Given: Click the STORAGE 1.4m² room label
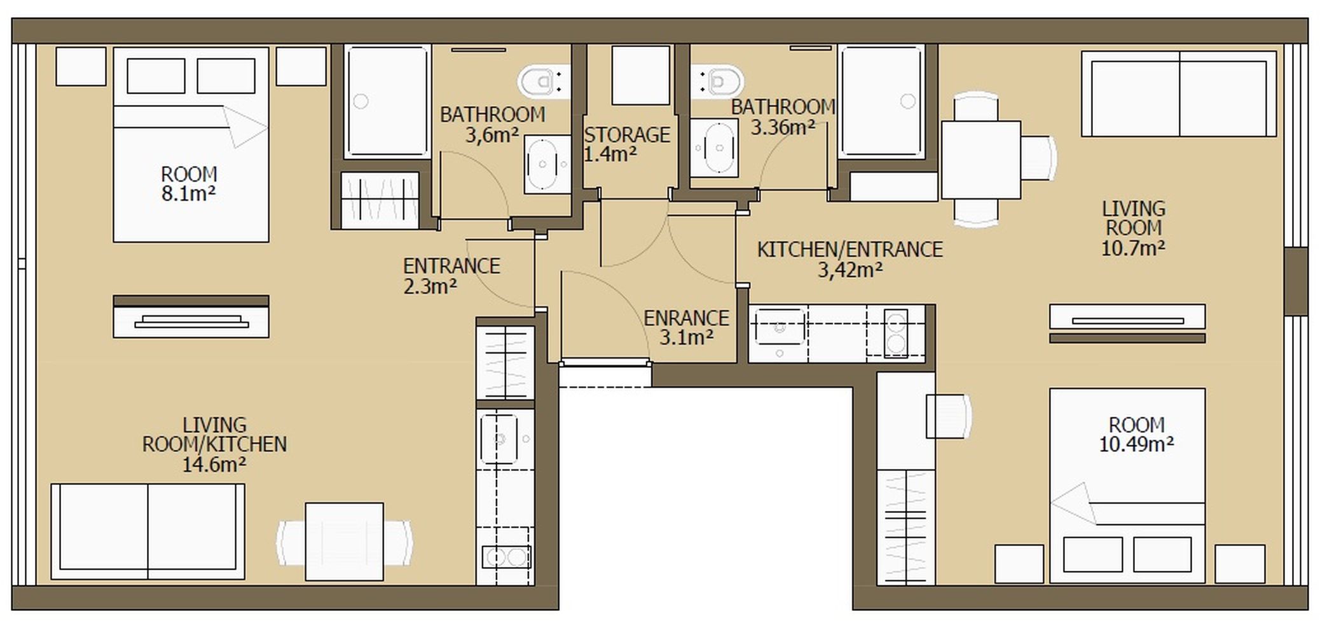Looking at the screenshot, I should (x=626, y=144).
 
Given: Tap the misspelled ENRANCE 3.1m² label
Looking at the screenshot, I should (x=685, y=327).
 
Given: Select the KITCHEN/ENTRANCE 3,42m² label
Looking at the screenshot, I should (x=849, y=259).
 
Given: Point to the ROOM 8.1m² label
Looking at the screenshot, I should (x=189, y=184).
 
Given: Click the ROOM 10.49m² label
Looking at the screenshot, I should (x=1136, y=434).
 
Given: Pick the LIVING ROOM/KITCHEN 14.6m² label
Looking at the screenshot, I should (x=214, y=444).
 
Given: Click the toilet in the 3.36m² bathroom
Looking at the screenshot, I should (x=719, y=81).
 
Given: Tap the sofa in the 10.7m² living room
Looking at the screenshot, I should (x=1179, y=94).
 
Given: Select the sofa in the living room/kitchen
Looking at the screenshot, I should (x=148, y=531).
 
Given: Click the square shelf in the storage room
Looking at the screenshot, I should (x=640, y=75).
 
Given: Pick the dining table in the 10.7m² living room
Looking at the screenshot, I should (x=980, y=160).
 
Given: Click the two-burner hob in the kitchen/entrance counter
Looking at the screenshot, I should (x=896, y=332).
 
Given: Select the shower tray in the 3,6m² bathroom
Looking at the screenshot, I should (x=387, y=101).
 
